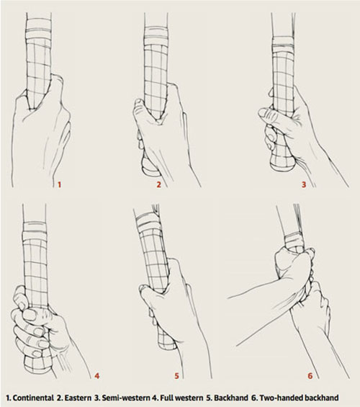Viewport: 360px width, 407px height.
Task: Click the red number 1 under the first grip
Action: [59, 185]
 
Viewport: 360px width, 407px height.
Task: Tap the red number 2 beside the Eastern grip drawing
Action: [158, 184]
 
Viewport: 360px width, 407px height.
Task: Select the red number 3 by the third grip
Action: [304, 184]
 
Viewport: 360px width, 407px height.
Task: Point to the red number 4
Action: [97, 375]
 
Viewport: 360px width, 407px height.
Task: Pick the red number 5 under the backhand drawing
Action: [176, 375]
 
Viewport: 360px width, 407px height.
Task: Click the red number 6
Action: [310, 375]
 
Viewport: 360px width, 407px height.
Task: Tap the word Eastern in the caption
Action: [78, 398]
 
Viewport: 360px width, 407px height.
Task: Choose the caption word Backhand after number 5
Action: [231, 398]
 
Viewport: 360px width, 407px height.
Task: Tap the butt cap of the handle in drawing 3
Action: [283, 164]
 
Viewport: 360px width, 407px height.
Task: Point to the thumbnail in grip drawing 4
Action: [29, 315]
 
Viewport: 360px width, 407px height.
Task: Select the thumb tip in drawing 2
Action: [138, 103]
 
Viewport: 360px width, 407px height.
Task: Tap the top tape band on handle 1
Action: [39, 30]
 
